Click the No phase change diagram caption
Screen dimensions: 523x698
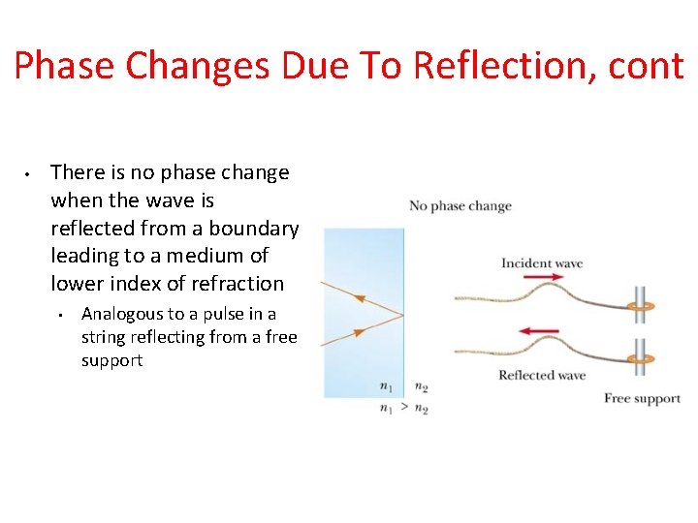(460, 205)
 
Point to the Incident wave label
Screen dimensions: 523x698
(542, 262)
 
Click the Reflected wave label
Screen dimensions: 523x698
(542, 375)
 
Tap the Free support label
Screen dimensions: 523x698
(642, 398)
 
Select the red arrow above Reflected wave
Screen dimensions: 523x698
(539, 331)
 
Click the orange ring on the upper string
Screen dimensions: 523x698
(639, 309)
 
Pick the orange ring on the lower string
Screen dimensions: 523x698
(639, 359)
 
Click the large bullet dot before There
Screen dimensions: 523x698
(28, 174)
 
